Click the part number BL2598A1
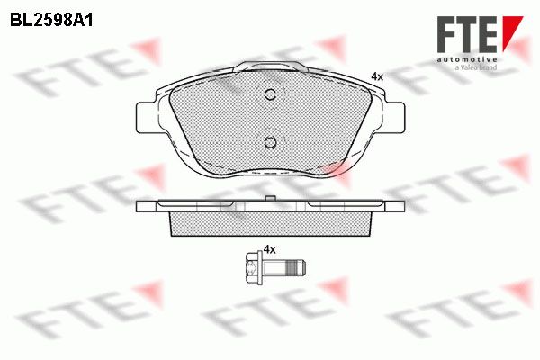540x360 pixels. (51, 21)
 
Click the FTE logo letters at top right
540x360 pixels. (467, 34)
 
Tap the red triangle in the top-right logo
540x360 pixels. (511, 33)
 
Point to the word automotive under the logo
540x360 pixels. (467, 60)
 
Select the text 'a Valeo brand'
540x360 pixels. (476, 67)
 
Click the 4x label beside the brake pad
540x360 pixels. (377, 76)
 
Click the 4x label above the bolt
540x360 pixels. (270, 250)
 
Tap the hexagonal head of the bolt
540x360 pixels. (252, 266)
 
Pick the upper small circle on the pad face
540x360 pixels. (271, 94)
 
